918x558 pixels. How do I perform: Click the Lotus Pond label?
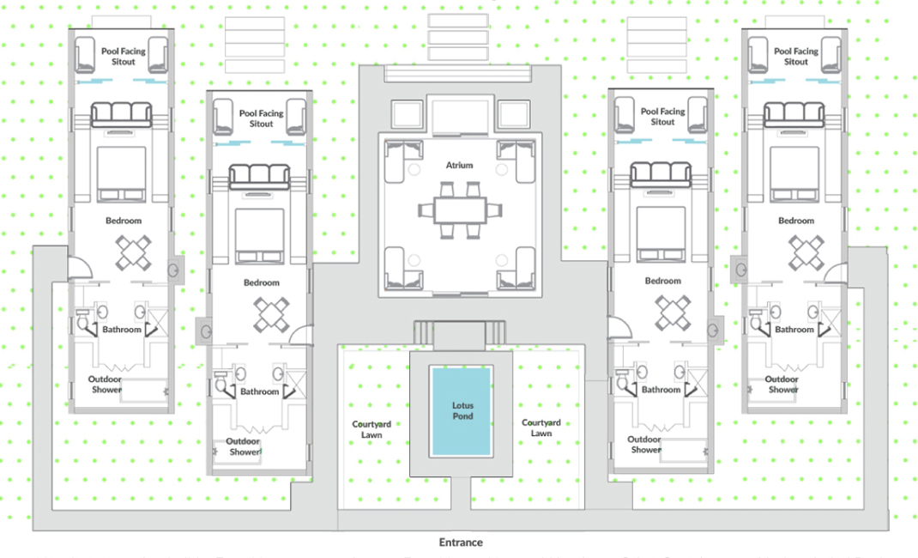pyautogui.click(x=462, y=410)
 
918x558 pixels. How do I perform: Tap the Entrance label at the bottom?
pyautogui.click(x=461, y=543)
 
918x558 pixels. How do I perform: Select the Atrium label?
pyautogui.click(x=459, y=165)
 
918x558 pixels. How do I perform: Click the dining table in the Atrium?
pyautogui.click(x=460, y=210)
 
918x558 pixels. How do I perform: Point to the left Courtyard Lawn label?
pyautogui.click(x=371, y=429)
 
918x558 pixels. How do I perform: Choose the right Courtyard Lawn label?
pyautogui.click(x=541, y=428)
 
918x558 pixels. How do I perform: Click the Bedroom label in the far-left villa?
pyautogui.click(x=124, y=221)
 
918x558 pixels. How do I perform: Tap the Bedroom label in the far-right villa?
pyautogui.click(x=795, y=221)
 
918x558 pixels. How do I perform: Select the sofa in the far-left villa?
pyautogui.click(x=121, y=114)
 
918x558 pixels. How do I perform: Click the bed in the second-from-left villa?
pyautogui.click(x=259, y=236)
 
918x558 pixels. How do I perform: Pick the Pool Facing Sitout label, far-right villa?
pyautogui.click(x=795, y=56)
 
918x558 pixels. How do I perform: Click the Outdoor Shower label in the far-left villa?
pyautogui.click(x=106, y=384)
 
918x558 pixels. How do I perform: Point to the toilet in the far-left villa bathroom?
pyautogui.click(x=83, y=318)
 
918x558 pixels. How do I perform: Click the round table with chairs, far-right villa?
pyautogui.click(x=806, y=252)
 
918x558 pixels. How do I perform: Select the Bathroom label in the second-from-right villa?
pyautogui.click(x=661, y=390)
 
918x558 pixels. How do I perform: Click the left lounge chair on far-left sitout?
pyautogui.click(x=85, y=55)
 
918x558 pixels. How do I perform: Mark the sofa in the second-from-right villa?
pyautogui.click(x=661, y=174)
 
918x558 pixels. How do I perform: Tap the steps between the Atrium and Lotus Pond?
pyautogui.click(x=460, y=332)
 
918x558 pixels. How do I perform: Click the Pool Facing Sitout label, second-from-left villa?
pyautogui.click(x=261, y=118)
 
